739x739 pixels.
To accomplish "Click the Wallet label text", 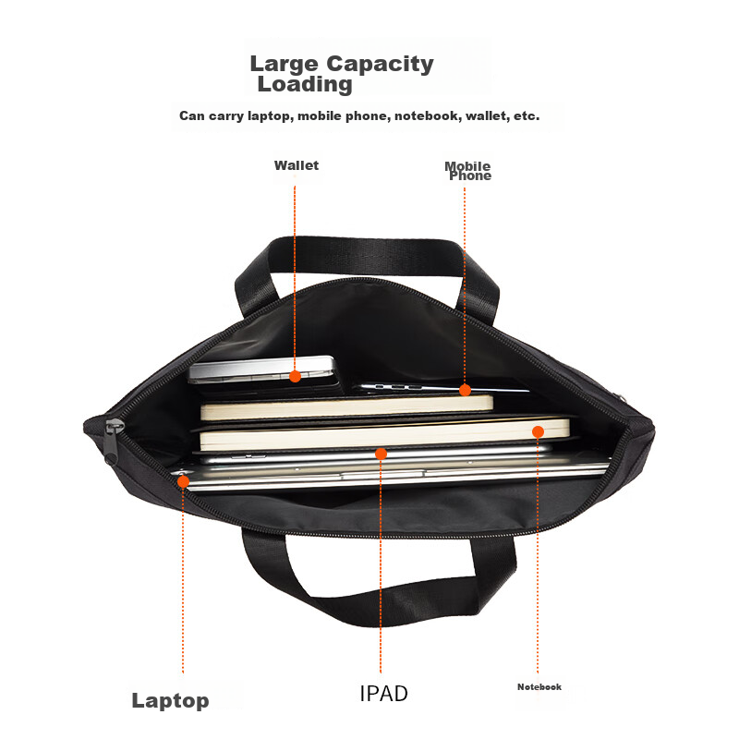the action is coord(297,165).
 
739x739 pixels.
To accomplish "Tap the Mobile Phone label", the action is coord(468,171).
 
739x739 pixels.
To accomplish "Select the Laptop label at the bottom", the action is coord(170,701).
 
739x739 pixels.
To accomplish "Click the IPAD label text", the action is coord(383,694).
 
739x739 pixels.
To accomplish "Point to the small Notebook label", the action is coord(539,687).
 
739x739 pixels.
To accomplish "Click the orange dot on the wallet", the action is coord(295,377).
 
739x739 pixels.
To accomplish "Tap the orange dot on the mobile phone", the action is coord(466,390).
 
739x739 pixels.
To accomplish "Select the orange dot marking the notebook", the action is coord(538,431).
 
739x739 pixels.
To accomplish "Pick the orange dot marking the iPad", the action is coord(381,454).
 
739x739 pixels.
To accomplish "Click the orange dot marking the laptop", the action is coord(183,481).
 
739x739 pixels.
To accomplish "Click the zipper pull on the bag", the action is coord(112,441).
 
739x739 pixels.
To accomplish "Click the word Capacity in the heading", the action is coord(380,65).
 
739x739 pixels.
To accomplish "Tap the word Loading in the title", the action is coord(305,85).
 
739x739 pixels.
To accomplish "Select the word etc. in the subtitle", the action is coord(527,116).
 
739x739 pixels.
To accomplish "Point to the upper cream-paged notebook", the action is coord(347,407).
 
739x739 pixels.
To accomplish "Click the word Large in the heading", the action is coord(285,65).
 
